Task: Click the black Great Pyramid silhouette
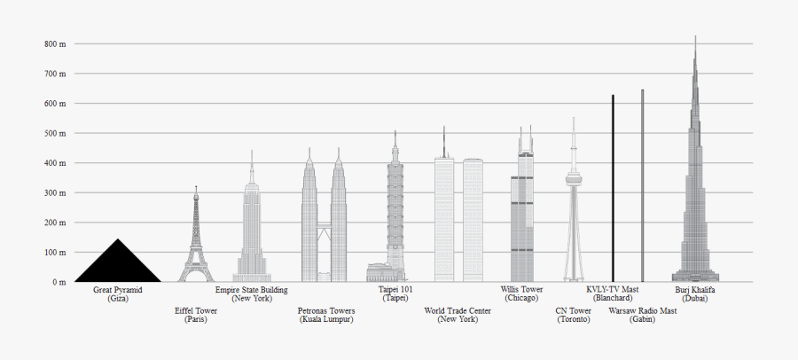(x=118, y=265)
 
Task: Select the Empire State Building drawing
(x=252, y=231)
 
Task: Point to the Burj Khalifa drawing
(x=695, y=204)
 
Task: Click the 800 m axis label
(x=55, y=43)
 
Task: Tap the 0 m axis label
(x=59, y=282)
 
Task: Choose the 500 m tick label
(x=55, y=133)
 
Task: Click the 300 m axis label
(x=55, y=192)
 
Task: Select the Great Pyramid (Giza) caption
(x=118, y=294)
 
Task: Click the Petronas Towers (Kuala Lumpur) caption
(x=326, y=315)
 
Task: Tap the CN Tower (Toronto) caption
(x=573, y=315)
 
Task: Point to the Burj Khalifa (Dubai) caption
(x=695, y=294)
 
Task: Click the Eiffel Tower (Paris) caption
(x=196, y=315)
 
